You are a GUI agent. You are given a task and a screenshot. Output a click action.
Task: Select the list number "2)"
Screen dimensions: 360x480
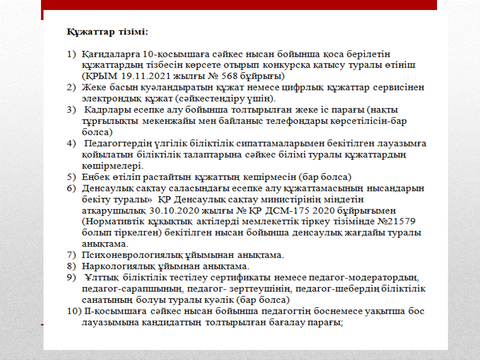[x=72, y=87]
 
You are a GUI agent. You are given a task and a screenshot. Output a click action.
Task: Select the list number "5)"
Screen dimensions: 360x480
[x=72, y=177]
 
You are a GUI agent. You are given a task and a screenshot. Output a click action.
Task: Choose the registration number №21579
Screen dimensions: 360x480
[x=404, y=221]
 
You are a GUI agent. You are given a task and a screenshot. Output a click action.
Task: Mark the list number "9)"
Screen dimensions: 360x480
[x=72, y=277]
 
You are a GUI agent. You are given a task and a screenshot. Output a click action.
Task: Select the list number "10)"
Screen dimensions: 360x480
[x=73, y=311]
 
